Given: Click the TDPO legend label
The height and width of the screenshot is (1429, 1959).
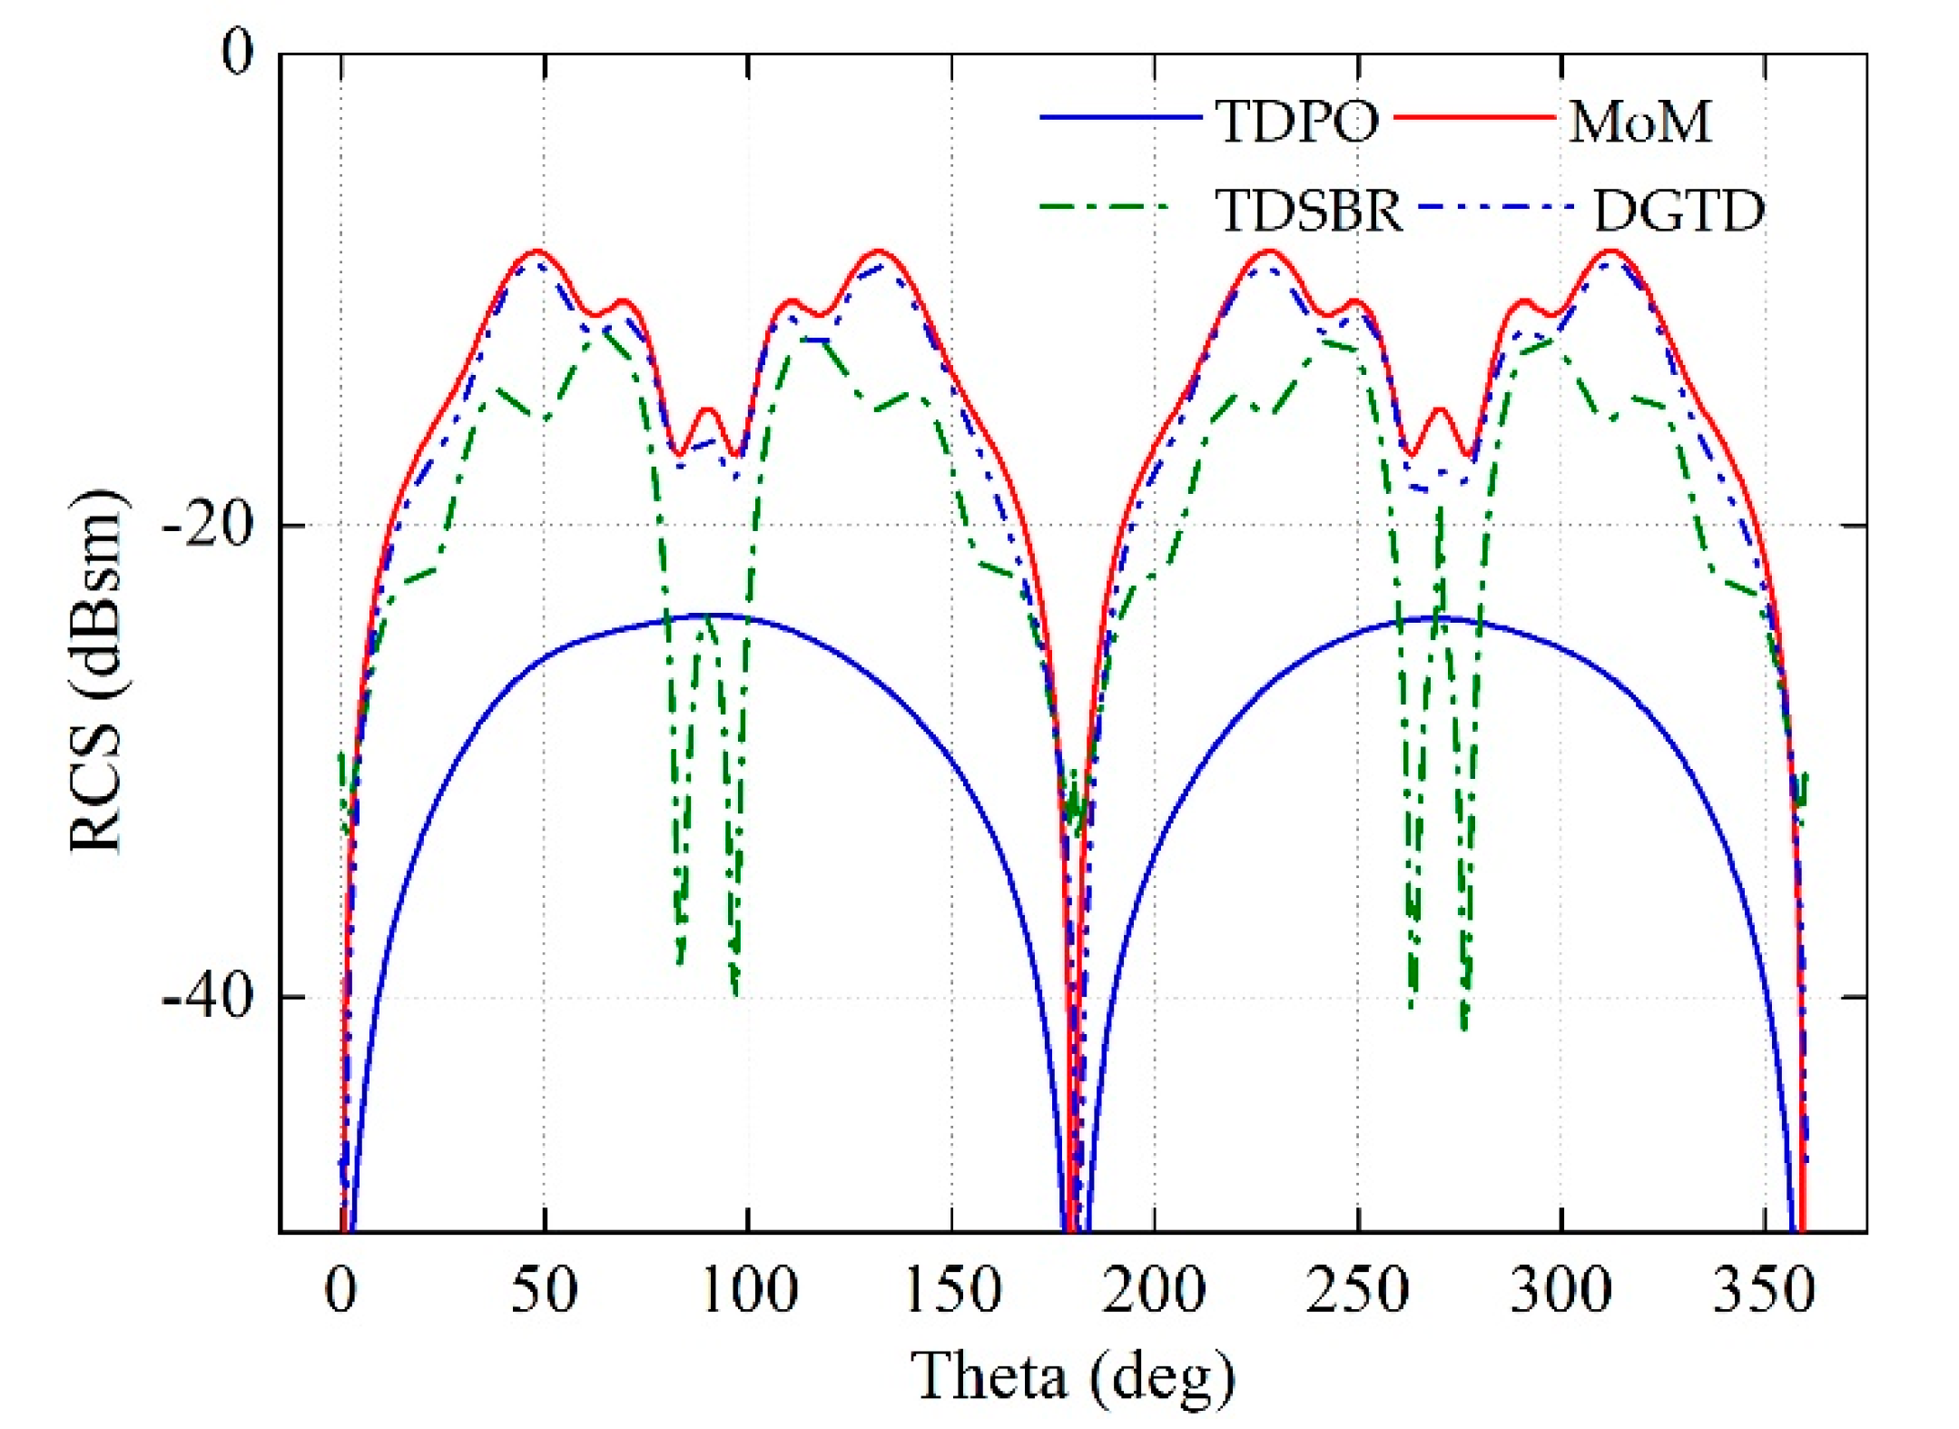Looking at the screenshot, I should click(1296, 121).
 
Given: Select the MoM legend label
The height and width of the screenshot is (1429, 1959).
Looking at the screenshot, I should click(1639, 121).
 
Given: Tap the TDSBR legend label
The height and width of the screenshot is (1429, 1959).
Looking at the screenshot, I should click(1308, 211).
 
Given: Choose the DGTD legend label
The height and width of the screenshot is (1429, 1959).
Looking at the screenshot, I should click(1678, 211).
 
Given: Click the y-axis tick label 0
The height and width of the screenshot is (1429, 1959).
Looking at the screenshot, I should click(238, 53).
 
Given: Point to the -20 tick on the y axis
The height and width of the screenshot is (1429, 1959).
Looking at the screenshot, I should click(207, 526).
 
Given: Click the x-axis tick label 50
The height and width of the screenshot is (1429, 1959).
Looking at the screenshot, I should click(544, 1289).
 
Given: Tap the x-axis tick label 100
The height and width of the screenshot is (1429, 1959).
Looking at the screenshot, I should click(749, 1289).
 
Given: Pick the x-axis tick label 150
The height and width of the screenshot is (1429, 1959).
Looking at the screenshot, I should click(953, 1289).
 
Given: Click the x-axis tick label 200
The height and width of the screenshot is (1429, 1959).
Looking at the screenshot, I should click(1154, 1289).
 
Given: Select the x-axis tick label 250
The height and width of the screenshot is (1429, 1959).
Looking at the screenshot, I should click(1358, 1289).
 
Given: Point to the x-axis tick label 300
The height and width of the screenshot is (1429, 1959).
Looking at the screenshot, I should click(1561, 1289).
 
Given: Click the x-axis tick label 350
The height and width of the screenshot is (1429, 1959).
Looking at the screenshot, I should click(1764, 1289).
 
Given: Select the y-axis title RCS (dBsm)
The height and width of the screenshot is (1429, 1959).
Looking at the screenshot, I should click(96, 671).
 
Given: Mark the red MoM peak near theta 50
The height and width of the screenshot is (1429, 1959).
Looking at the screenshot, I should click(537, 251).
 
